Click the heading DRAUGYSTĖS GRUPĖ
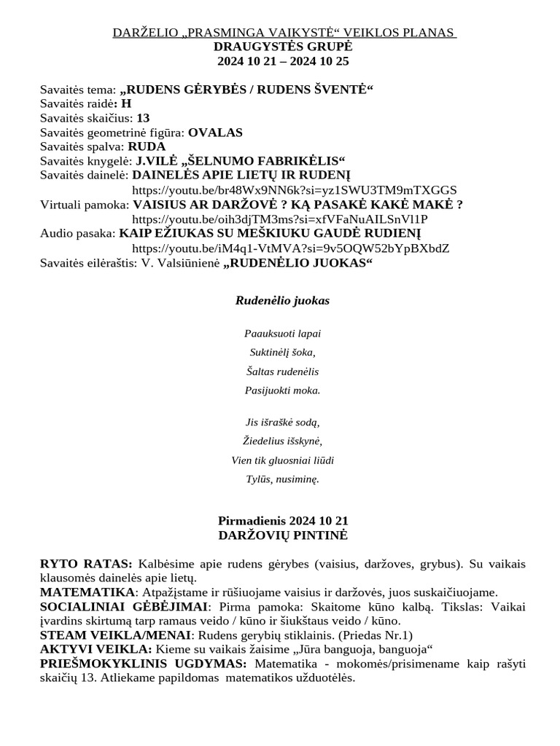[283, 47]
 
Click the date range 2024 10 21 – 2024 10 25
[283, 61]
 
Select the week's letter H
[126, 104]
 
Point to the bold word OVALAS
[215, 133]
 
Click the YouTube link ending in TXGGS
[295, 189]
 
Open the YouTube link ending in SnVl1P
[279, 219]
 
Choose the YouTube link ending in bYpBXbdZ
[290, 248]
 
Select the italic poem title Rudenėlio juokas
[282, 301]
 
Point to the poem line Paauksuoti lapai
[282, 334]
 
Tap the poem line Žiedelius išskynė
[282, 441]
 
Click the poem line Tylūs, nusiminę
[282, 479]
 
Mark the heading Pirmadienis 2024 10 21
[283, 521]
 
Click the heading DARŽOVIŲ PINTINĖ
[283, 535]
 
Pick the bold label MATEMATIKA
[87, 592]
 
